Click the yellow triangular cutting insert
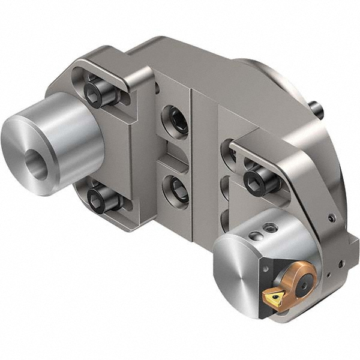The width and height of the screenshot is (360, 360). pyautogui.click(x=275, y=296)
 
